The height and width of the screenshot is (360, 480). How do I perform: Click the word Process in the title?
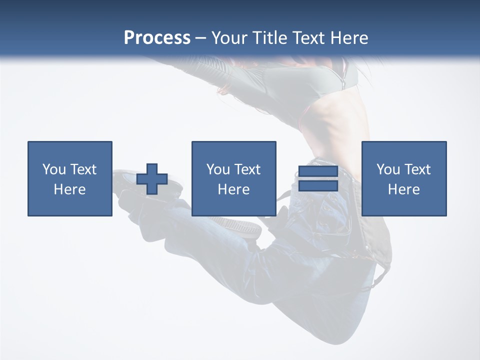click(157, 38)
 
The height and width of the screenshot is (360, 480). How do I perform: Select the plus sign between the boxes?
click(152, 178)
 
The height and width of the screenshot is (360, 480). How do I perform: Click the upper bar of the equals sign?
click(318, 172)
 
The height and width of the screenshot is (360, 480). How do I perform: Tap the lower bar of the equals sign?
click(318, 185)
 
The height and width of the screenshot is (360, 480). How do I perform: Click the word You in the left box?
click(54, 169)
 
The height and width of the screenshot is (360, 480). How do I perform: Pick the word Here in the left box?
click(70, 189)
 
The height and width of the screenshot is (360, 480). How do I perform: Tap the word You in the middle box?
click(218, 169)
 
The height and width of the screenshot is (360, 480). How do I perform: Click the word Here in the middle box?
click(234, 189)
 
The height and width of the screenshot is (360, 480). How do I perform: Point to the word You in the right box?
click(388, 169)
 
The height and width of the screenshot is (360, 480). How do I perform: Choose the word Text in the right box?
click(417, 169)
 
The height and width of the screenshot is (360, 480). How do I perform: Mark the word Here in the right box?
click(404, 189)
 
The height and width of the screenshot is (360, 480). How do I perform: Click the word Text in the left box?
click(83, 169)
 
